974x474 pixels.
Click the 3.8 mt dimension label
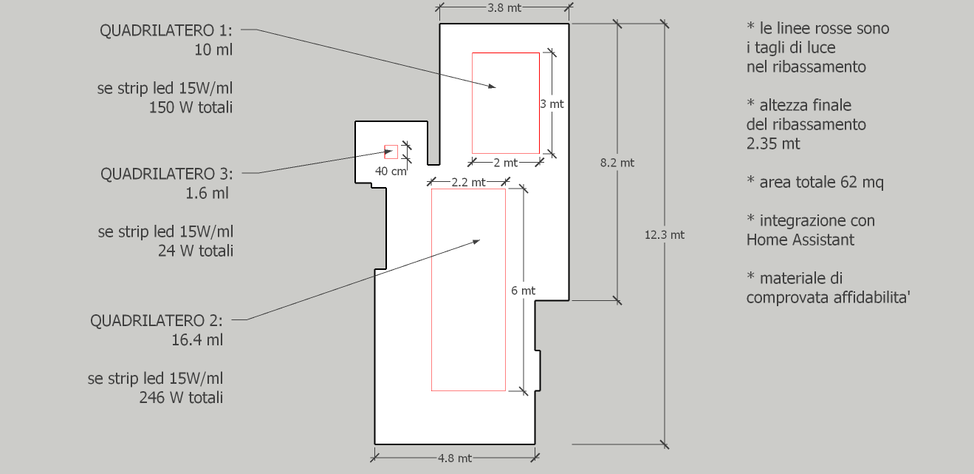pyautogui.click(x=504, y=8)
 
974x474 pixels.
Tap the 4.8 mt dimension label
pyautogui.click(x=455, y=458)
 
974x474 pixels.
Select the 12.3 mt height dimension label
pyautogui.click(x=665, y=235)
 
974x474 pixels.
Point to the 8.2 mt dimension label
pyautogui.click(x=617, y=163)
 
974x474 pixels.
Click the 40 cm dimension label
pyautogui.click(x=391, y=171)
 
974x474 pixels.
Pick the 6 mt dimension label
pyautogui.click(x=523, y=291)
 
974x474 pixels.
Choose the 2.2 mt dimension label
pyautogui.click(x=468, y=182)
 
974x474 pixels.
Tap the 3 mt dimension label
pyautogui.click(x=552, y=104)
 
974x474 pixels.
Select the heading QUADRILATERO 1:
pyautogui.click(x=166, y=30)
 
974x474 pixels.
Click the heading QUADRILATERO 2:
pyautogui.click(x=157, y=320)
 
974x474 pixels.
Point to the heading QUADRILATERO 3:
pyautogui.click(x=167, y=174)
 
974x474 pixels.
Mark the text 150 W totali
pyautogui.click(x=191, y=107)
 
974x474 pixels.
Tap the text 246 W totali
pyautogui.click(x=181, y=397)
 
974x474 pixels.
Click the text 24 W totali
pyautogui.click(x=196, y=251)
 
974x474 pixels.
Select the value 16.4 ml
pyautogui.click(x=197, y=339)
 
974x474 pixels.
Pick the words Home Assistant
pyautogui.click(x=800, y=240)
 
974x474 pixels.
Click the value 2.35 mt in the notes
pyautogui.click(x=772, y=143)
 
